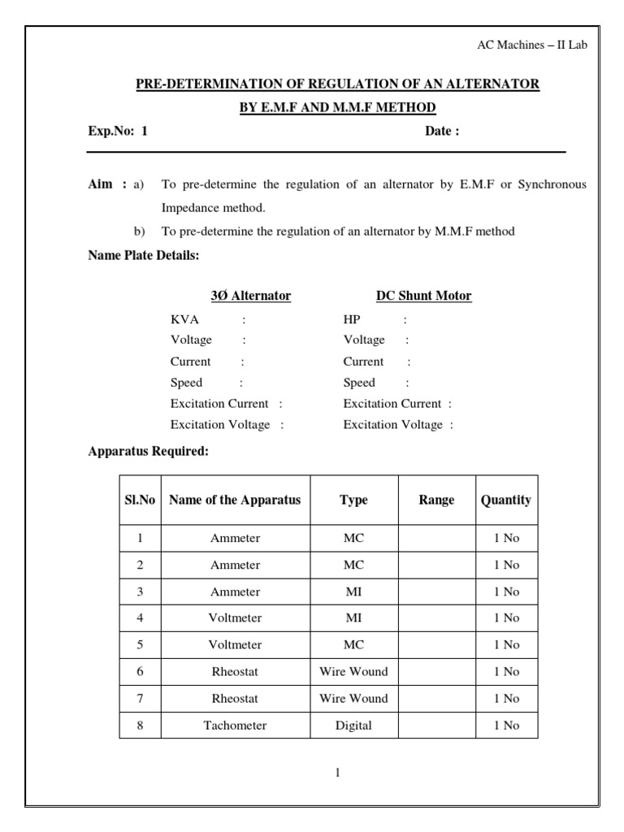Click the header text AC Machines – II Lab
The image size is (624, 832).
(531, 45)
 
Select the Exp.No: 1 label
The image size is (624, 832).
(118, 132)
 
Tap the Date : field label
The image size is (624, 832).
(442, 132)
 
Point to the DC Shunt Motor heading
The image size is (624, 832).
(424, 296)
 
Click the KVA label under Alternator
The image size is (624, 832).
(184, 319)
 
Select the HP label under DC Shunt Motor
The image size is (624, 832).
(352, 319)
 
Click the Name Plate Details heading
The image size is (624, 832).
(143, 255)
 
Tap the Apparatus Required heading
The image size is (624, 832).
(148, 451)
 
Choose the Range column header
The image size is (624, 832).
(436, 500)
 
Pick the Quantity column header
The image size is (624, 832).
(505, 500)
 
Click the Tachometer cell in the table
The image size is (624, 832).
(235, 725)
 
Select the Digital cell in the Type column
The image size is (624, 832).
(353, 725)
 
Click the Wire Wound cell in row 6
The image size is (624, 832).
(353, 671)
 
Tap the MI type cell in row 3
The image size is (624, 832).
(353, 591)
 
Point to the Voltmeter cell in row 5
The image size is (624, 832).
(235, 644)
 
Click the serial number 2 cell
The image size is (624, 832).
(140, 565)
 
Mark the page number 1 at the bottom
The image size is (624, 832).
(337, 773)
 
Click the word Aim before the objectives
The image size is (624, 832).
(102, 184)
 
